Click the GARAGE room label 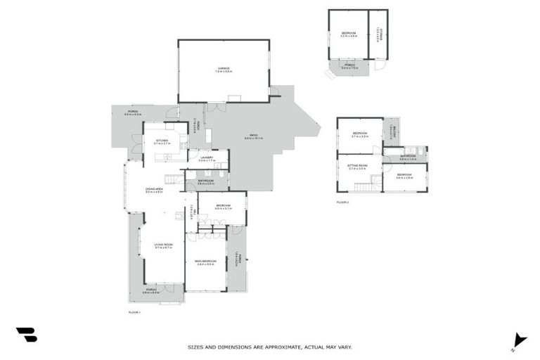click(x=223, y=68)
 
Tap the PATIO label click(x=253, y=136)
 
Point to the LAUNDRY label click(x=205, y=158)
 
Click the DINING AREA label click(x=154, y=189)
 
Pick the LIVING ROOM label click(x=163, y=245)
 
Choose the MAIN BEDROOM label click(x=205, y=262)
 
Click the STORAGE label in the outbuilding click(x=378, y=32)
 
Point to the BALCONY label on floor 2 click(x=394, y=132)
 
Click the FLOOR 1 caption click(x=135, y=311)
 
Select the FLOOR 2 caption click(x=343, y=202)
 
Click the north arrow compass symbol click(x=519, y=340)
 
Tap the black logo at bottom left click(x=26, y=335)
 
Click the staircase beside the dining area click(x=174, y=180)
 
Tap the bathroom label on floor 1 click(x=205, y=181)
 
